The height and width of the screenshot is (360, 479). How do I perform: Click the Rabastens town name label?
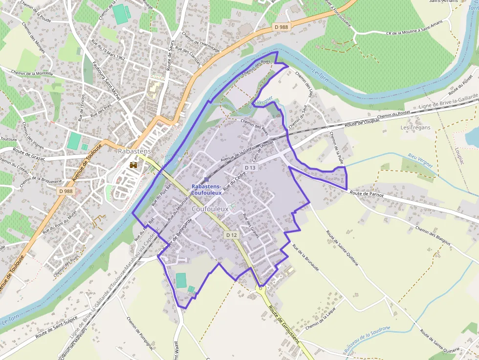point(134,151)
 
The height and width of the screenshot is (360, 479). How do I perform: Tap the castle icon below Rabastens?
point(133,166)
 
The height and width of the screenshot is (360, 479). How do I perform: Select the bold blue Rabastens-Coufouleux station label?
point(207,190)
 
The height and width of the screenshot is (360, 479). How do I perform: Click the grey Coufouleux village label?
point(210,209)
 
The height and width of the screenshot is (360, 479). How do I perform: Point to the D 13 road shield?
point(250,168)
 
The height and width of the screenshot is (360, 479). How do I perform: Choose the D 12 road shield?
point(232,235)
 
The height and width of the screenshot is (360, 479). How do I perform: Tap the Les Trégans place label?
point(415,127)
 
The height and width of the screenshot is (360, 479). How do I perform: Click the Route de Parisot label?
point(367,194)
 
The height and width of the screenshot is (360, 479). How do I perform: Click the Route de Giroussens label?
point(283,324)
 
